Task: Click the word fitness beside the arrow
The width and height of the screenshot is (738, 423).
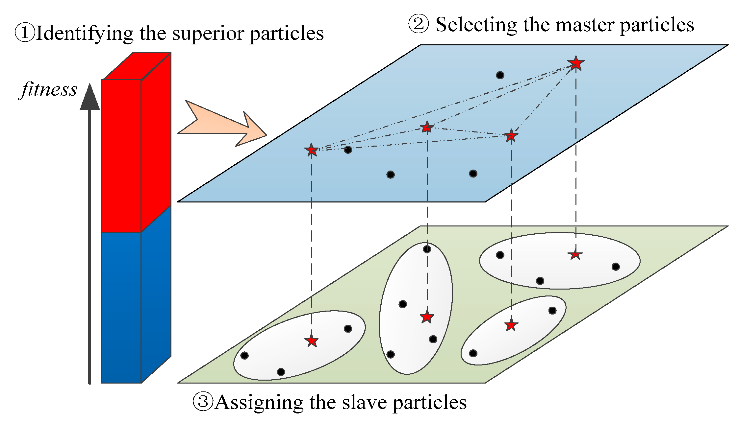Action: [49, 89]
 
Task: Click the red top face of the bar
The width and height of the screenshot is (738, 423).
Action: [137, 66]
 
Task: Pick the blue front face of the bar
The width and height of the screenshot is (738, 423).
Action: [121, 307]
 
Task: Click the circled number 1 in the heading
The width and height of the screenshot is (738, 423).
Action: [25, 33]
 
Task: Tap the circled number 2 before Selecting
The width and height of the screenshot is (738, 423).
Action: [419, 24]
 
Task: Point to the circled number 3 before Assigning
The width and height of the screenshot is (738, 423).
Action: [203, 402]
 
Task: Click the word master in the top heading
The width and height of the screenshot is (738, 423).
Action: [586, 25]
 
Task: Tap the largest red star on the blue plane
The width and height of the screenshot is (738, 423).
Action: [576, 63]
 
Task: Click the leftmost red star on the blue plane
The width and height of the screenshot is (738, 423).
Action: [311, 150]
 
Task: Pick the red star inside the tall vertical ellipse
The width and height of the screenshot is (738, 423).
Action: [427, 317]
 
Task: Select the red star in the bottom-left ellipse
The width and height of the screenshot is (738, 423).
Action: [311, 341]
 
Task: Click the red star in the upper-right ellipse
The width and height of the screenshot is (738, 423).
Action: [575, 254]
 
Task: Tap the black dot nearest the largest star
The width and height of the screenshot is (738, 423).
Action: [500, 75]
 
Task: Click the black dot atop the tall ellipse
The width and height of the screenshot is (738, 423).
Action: [427, 249]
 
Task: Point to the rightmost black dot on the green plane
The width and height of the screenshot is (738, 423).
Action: [616, 267]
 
